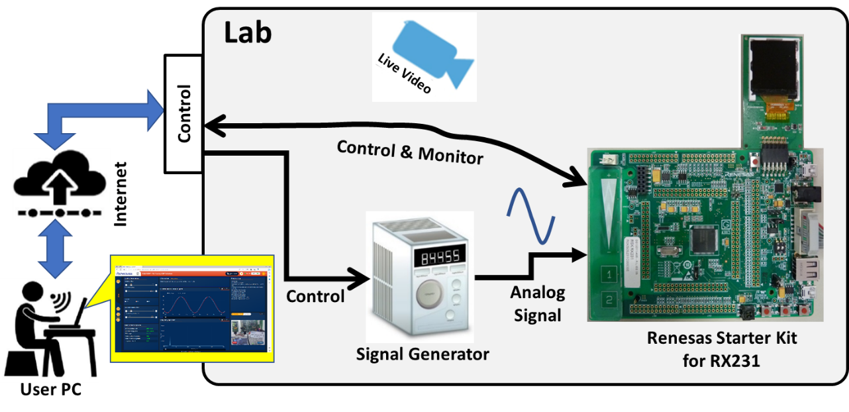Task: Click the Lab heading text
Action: coord(248,31)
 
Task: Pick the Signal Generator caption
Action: coord(423,354)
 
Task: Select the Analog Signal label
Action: coord(537,303)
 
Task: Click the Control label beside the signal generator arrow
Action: coord(315,296)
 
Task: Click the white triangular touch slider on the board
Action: coord(609,213)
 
